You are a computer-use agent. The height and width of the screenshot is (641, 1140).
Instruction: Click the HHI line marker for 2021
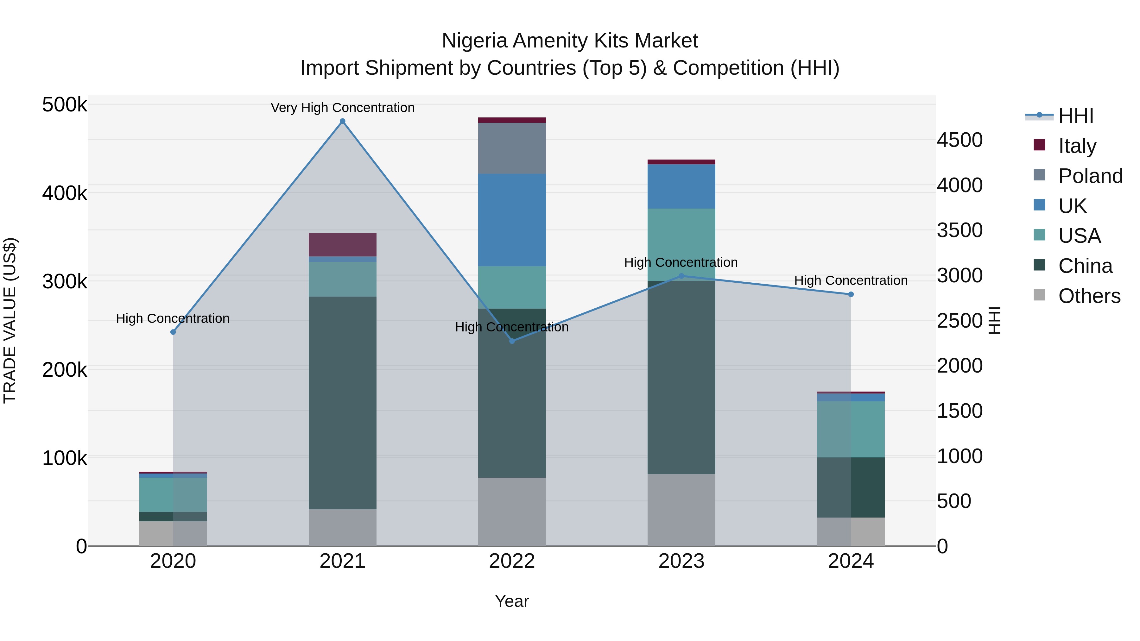343,121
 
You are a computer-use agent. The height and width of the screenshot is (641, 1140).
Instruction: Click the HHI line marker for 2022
512,341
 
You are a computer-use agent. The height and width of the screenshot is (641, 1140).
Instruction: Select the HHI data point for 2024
851,294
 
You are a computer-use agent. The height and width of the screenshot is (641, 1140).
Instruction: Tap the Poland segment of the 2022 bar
512,148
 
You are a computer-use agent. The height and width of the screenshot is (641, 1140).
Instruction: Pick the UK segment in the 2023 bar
681,186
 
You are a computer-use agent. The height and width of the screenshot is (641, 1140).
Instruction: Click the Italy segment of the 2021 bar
343,245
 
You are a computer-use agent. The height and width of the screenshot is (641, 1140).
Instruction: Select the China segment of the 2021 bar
343,403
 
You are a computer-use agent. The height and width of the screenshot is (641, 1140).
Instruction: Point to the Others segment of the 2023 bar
681,510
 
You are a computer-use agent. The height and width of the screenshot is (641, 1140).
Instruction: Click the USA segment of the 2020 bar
173,494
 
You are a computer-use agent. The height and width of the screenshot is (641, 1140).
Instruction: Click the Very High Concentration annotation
343,108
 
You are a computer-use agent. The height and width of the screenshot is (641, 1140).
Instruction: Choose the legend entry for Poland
1090,176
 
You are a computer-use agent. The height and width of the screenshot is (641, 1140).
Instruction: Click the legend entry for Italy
1077,146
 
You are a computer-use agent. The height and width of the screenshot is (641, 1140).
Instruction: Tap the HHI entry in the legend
1075,116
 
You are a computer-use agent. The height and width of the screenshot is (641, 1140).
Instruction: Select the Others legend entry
1089,296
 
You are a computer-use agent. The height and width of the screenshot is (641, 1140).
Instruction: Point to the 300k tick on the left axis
65,281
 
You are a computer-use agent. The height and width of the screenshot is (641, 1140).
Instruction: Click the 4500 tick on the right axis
959,140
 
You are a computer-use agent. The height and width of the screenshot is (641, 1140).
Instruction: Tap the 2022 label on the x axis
512,561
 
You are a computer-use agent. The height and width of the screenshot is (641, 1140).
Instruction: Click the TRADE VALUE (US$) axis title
10,320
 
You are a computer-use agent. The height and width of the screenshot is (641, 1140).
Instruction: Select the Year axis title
512,601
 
